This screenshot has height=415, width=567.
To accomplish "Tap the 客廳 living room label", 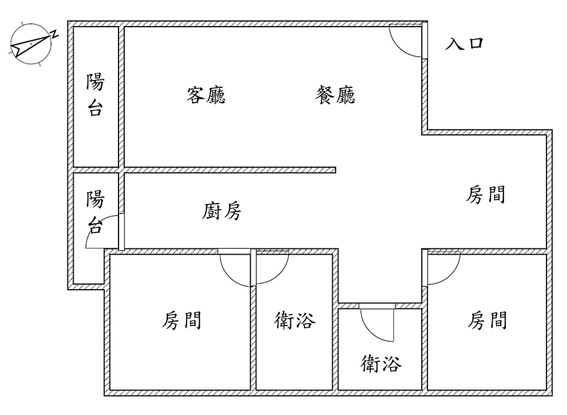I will pos(206,95).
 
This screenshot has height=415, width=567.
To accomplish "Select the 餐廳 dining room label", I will pos(335,95).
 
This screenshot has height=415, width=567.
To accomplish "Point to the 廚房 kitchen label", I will pos(222,211).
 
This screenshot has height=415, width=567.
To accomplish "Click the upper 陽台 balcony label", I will pos(95,95).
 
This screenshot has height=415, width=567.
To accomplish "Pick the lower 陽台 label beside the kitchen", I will pos(95,213).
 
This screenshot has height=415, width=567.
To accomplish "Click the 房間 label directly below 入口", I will pos(485,195).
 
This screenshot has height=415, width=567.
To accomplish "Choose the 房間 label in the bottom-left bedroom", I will pos(182,321).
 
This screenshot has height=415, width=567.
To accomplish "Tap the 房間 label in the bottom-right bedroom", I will pos(487,321).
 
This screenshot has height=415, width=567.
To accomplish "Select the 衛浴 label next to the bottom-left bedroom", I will pos(294,321).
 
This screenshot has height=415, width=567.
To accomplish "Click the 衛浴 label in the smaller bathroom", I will pos(381,363).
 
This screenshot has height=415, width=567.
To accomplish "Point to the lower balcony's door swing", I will pos(104,232).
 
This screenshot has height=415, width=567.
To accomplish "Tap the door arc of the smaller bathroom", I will pos(376,325).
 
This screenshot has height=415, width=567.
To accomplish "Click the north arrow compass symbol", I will pos(31,45).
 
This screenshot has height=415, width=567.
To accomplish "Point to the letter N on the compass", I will pos(54,33).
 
